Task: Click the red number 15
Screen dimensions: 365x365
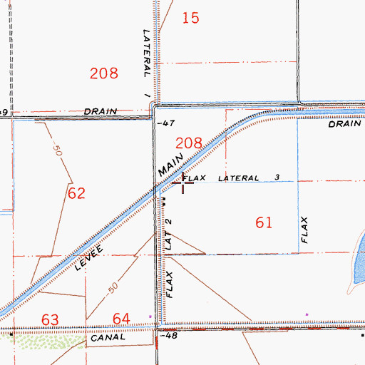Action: click(x=190, y=18)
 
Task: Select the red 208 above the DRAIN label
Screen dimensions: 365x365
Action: click(x=105, y=72)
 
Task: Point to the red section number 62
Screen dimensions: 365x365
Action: click(x=76, y=192)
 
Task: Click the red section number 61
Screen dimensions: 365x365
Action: click(x=264, y=223)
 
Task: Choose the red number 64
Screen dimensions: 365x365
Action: click(x=122, y=318)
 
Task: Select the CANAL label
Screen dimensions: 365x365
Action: click(x=108, y=338)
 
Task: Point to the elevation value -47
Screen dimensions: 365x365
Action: click(x=165, y=123)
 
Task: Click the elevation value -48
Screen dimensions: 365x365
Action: click(x=168, y=334)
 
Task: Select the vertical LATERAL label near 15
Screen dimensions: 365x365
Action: click(x=145, y=53)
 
